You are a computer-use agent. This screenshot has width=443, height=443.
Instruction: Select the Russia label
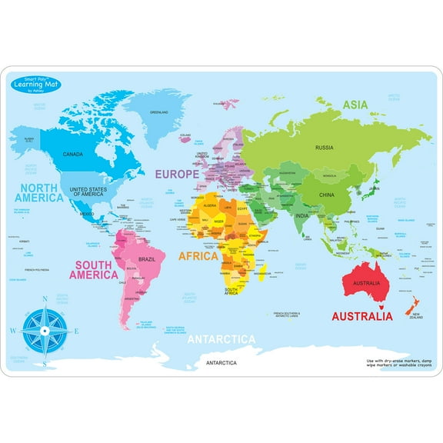[324, 147]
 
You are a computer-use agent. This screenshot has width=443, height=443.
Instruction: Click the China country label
[326, 195]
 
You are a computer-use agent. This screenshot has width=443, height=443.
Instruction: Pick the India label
[303, 215]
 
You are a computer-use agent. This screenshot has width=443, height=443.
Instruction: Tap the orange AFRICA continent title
[198, 256]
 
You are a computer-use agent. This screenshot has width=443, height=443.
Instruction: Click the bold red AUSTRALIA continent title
[361, 315]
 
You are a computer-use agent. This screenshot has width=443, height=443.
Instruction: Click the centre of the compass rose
[45, 331]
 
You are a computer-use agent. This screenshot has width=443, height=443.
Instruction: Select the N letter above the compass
[45, 300]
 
